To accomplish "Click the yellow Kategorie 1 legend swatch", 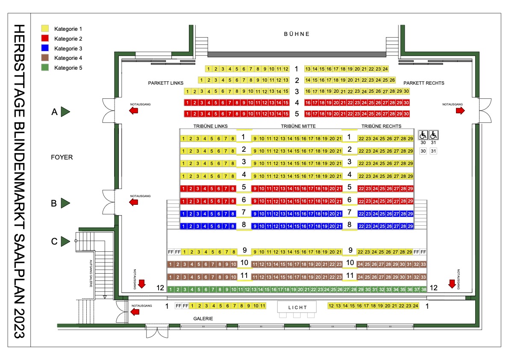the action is [45, 29].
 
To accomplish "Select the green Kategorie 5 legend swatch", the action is [45, 68].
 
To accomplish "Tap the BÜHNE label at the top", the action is [297, 34].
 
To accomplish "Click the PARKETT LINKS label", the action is [165, 83].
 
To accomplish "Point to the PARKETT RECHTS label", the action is [424, 83].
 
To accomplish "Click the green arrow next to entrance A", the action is [65, 112].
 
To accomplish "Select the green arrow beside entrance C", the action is [65, 241].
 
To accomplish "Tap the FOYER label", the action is [62, 157].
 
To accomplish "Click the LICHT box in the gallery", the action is [297, 307].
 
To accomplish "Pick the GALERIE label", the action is [203, 319].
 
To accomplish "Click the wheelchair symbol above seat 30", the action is [423, 135].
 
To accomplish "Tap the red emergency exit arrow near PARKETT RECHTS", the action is [460, 111].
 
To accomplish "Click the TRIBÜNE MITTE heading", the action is [298, 126].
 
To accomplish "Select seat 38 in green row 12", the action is [424, 289].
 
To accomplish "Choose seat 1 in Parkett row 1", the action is [209, 69].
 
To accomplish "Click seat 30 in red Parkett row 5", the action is [406, 114].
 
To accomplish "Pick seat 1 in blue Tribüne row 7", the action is [183, 214].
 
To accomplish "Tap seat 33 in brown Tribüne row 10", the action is [423, 265].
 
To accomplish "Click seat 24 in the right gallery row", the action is [415, 306].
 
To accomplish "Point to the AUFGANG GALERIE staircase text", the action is [91, 273].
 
